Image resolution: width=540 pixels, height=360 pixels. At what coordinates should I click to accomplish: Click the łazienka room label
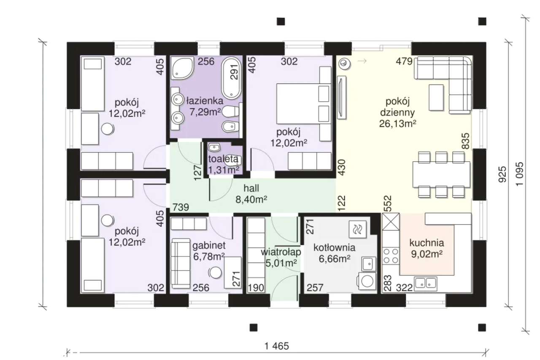(x=205, y=101)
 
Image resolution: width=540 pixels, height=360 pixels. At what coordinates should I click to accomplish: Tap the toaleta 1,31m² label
(x=223, y=165)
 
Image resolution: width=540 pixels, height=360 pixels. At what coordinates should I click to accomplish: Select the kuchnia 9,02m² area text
(x=427, y=248)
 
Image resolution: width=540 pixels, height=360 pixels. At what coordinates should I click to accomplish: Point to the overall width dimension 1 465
(x=276, y=346)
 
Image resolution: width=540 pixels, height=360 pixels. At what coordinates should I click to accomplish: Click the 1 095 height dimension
(x=520, y=173)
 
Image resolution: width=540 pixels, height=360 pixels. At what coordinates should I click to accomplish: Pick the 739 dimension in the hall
(x=181, y=207)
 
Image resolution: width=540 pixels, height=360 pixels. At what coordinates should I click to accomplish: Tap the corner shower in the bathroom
(x=183, y=68)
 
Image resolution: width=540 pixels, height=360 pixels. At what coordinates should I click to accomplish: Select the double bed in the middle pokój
(x=303, y=104)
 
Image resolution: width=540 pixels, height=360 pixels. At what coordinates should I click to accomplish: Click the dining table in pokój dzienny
(x=441, y=174)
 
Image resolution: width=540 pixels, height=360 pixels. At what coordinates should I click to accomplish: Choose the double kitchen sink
(x=426, y=284)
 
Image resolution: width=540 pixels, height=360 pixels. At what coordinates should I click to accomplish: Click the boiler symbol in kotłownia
(x=357, y=229)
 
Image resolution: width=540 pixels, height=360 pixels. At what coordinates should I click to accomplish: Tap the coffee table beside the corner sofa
(x=436, y=97)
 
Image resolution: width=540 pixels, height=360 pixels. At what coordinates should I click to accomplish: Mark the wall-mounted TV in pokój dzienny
(x=342, y=97)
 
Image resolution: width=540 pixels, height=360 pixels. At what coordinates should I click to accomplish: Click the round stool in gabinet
(x=215, y=273)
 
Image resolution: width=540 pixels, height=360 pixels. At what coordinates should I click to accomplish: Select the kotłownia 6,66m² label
(x=335, y=253)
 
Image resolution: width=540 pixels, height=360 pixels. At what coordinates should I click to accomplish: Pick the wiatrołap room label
(x=281, y=252)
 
